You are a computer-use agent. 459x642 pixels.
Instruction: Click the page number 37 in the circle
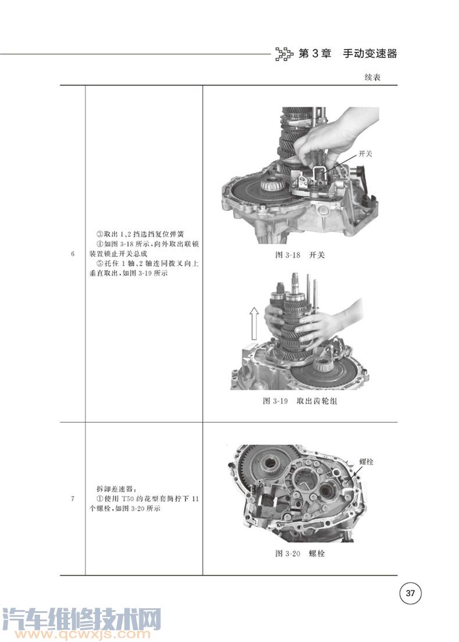click(x=410, y=593)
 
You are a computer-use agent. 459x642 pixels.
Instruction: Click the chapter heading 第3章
click(x=314, y=53)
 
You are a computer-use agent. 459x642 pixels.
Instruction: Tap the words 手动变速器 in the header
click(x=370, y=53)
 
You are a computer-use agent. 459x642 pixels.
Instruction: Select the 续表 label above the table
click(x=372, y=77)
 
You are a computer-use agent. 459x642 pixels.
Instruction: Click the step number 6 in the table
click(x=73, y=254)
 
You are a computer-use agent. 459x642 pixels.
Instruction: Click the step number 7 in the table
click(x=73, y=499)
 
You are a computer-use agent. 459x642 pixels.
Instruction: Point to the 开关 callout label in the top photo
click(x=365, y=154)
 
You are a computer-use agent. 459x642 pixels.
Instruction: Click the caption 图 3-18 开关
click(x=300, y=255)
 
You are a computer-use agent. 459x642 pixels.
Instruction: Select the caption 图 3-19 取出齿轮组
click(x=300, y=401)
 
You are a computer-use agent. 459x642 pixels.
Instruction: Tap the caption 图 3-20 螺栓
click(x=300, y=554)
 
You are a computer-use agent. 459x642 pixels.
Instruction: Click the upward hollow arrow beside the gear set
click(x=254, y=323)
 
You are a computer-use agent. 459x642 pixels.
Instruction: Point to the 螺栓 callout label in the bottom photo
click(x=366, y=462)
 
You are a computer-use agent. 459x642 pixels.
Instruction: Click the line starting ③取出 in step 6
click(x=140, y=234)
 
